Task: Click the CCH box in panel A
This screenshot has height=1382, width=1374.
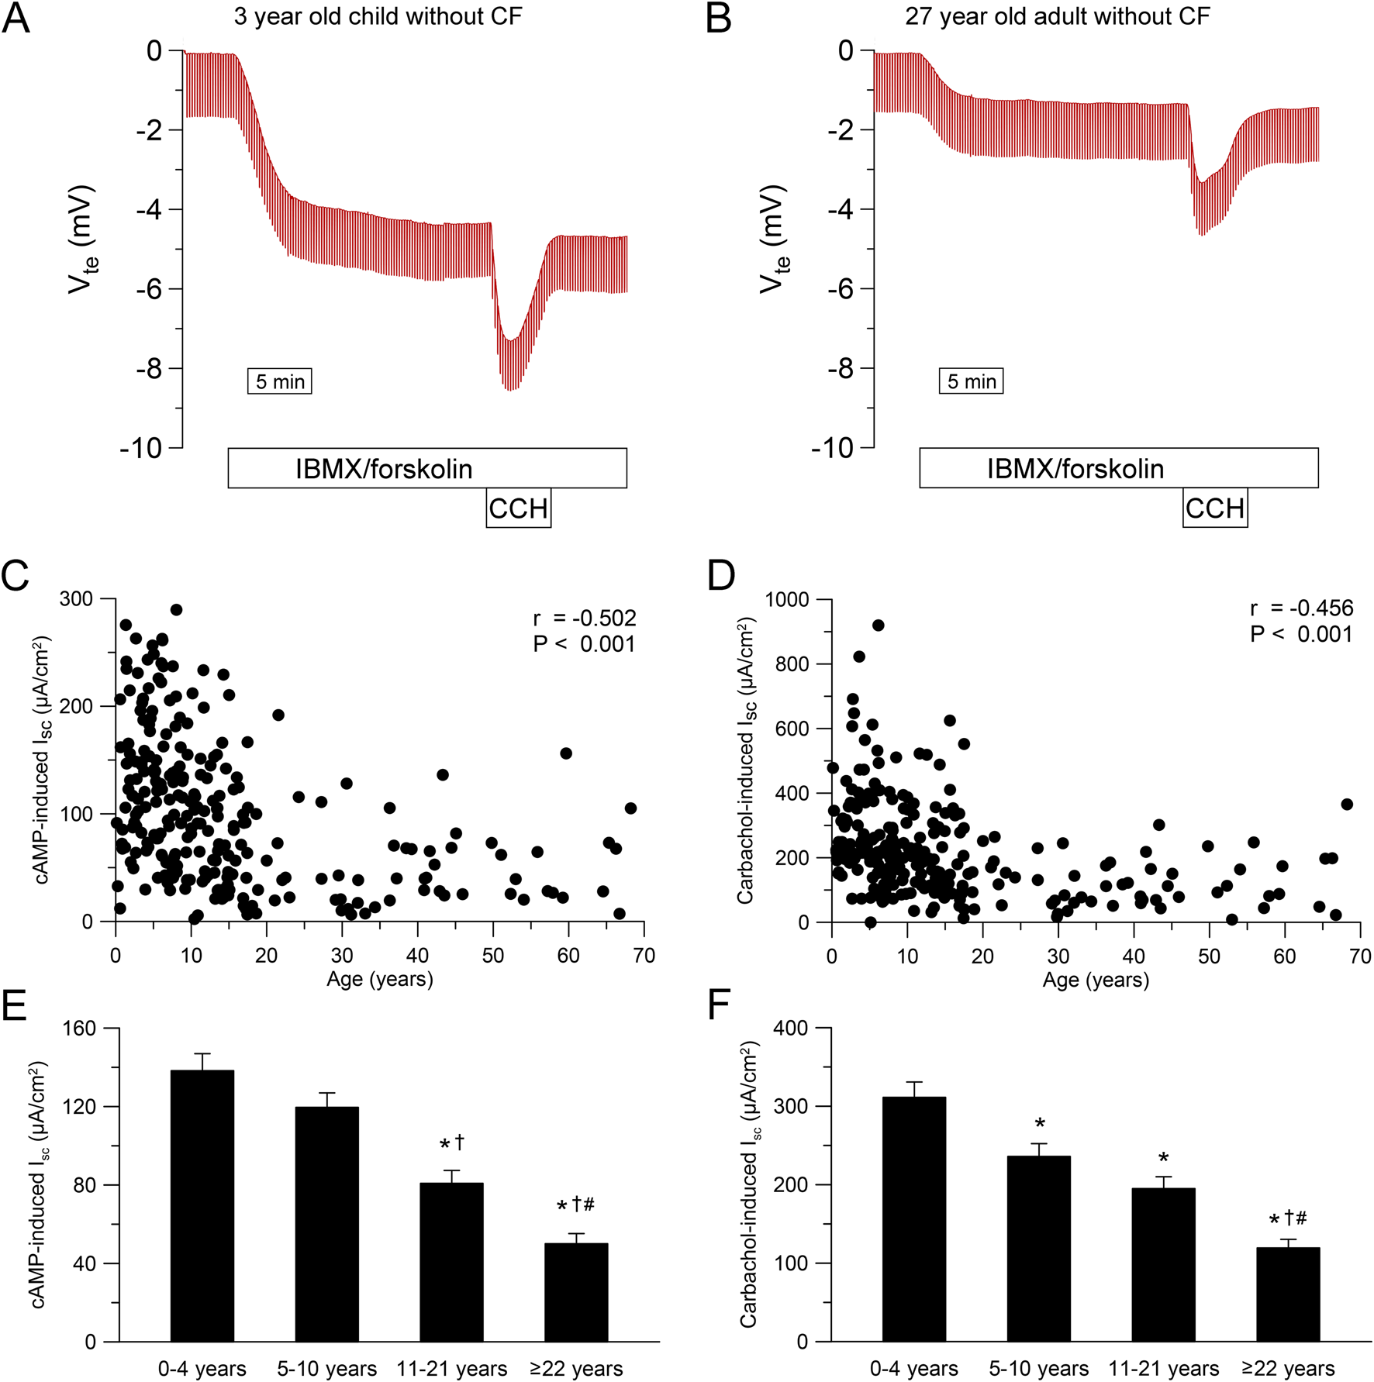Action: (x=518, y=508)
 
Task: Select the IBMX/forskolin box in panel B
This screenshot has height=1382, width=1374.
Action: (x=1118, y=468)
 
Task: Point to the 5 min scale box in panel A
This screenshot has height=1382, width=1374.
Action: (x=280, y=381)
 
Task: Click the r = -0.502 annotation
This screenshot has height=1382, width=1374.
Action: (x=585, y=619)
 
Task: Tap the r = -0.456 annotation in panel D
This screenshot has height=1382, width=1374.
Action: (x=1301, y=608)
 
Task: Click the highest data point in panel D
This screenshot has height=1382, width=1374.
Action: (x=878, y=626)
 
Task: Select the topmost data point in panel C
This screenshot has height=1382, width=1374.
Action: (x=176, y=610)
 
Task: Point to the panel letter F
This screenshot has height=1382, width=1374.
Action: (x=719, y=1006)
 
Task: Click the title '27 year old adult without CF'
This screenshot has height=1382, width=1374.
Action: (x=1057, y=16)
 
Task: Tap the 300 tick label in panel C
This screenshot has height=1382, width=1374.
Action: (x=76, y=599)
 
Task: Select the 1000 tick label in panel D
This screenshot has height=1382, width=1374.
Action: (x=787, y=599)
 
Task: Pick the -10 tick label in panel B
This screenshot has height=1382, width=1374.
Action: (x=832, y=448)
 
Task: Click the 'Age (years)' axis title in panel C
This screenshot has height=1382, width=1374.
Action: (x=379, y=979)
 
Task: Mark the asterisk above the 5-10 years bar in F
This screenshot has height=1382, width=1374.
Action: (x=1040, y=1124)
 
